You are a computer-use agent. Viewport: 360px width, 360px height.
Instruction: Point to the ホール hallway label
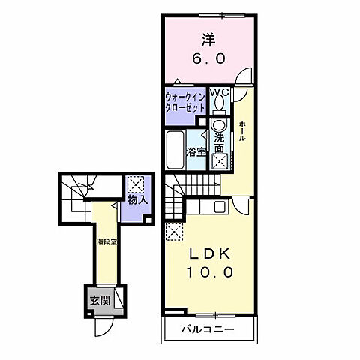241,130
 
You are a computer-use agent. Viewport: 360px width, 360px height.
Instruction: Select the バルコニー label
207,329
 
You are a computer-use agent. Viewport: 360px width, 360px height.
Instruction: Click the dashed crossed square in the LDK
174,232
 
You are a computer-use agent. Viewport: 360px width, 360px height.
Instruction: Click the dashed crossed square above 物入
135,184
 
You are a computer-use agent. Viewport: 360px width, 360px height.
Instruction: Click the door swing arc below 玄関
103,327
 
